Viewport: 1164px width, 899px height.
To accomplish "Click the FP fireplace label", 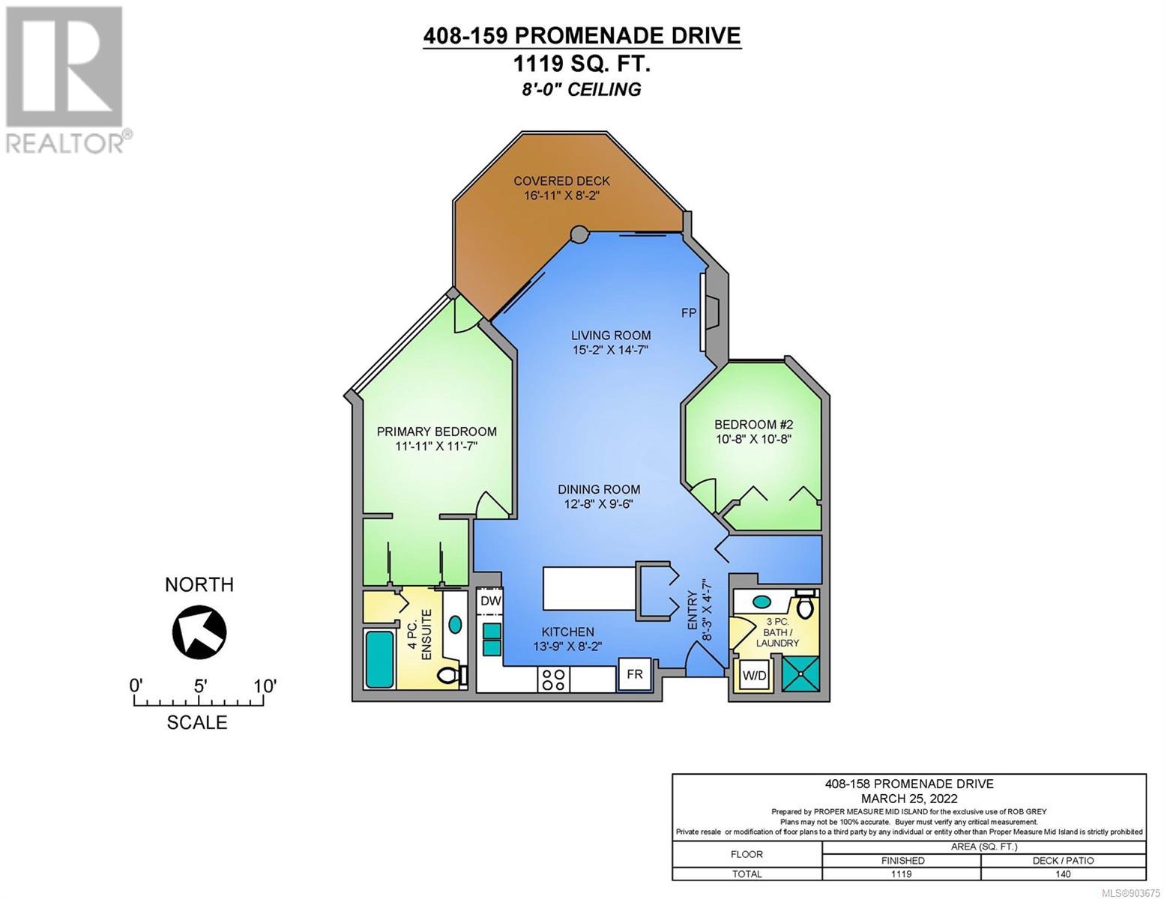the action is coord(688,312).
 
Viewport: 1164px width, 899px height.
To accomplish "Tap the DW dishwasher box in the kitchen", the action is coord(490,601).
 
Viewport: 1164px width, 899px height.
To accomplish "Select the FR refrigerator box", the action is coord(635,674).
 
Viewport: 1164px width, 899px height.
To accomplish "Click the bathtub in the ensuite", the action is coord(380,659).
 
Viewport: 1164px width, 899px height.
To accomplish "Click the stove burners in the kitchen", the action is coord(553,679).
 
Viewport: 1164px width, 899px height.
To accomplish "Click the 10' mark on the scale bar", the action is coord(263,686).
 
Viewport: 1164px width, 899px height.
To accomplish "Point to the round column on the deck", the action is coord(579,234).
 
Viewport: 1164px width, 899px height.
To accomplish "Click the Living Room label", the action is coord(611,336).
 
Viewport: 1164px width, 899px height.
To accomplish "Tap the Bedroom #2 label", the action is coord(754,425).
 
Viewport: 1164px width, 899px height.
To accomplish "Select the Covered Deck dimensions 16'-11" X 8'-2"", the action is coord(561,196).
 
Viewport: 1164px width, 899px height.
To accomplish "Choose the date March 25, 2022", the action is coord(909,799).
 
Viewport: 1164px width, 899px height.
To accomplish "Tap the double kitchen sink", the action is coord(492,640).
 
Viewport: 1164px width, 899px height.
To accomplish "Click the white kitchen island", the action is coord(589,588).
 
